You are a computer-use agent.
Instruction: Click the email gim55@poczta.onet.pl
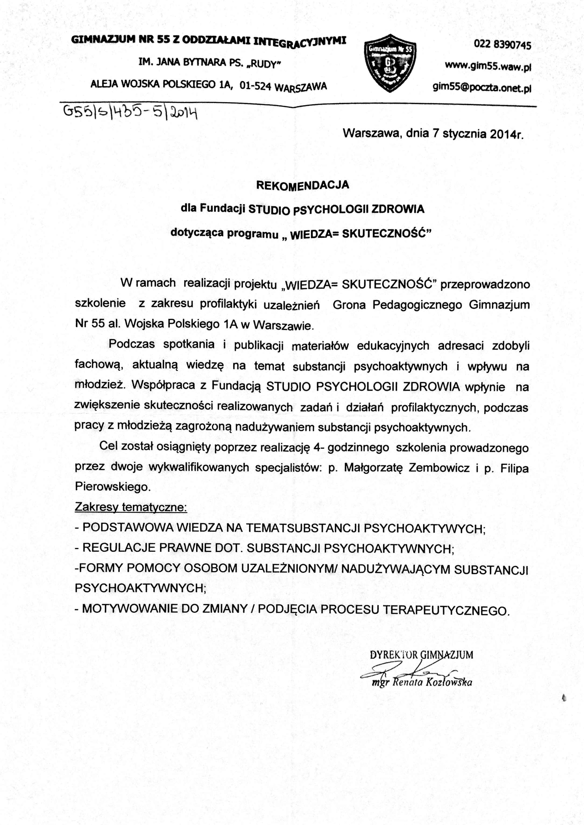click(482, 88)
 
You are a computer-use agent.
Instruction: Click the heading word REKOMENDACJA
click(302, 185)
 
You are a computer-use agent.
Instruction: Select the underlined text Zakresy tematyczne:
click(131, 507)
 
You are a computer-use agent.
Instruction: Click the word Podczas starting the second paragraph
click(132, 344)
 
